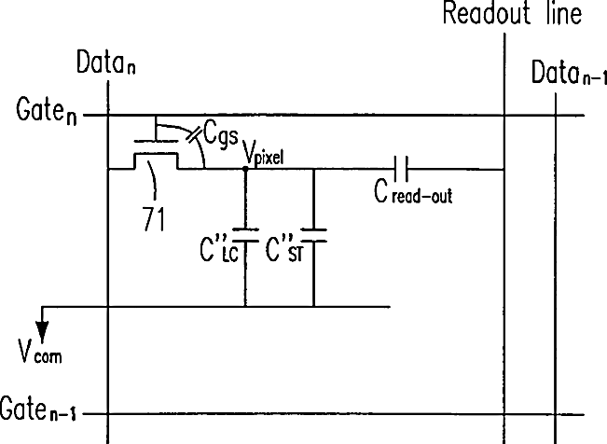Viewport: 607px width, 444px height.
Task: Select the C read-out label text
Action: [x=412, y=195]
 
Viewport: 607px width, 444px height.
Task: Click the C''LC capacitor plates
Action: [x=244, y=230]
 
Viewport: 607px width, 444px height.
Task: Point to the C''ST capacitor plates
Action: [x=313, y=231]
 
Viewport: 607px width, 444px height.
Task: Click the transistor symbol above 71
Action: [x=154, y=154]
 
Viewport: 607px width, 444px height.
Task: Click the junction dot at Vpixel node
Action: [x=244, y=169]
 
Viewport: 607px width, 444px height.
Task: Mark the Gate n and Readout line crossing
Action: [x=504, y=116]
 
